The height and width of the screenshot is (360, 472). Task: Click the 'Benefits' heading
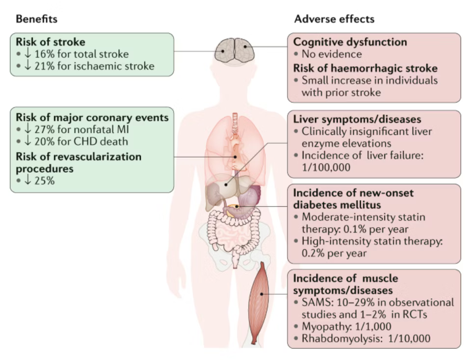(36, 19)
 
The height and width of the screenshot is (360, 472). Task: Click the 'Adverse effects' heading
(334, 19)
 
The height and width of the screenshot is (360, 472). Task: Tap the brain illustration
(235, 51)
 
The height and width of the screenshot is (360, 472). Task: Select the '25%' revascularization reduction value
(43, 180)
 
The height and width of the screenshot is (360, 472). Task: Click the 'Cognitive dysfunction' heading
(350, 42)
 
